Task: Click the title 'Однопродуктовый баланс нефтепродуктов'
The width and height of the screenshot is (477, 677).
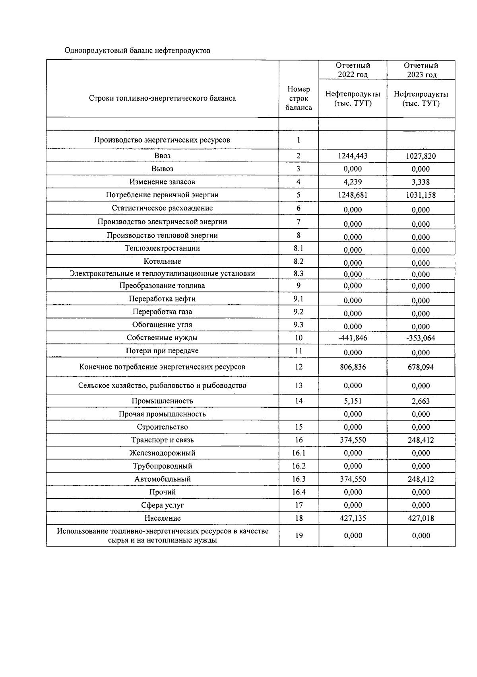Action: [137, 51]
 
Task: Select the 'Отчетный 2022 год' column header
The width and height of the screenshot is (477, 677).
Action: [353, 70]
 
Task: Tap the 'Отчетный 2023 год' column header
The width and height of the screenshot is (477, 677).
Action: [421, 70]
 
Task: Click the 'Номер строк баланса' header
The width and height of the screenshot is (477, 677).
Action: [299, 98]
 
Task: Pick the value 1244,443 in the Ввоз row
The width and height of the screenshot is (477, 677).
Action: [353, 156]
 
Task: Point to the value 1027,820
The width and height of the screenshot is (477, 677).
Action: [421, 156]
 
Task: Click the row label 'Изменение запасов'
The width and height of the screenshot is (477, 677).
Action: [162, 182]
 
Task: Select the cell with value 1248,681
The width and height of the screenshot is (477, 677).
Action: [353, 195]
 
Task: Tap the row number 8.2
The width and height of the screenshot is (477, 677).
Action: [299, 261]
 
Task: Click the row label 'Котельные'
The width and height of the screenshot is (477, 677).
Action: [162, 261]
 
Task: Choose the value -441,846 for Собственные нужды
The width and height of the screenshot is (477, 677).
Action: [353, 338]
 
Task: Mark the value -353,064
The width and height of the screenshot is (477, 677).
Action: [421, 338]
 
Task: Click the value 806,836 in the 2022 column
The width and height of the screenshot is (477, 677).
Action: [353, 367]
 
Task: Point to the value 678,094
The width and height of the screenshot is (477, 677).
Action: [421, 367]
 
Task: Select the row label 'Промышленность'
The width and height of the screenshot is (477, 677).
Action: [162, 401]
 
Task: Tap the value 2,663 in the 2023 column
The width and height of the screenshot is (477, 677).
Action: [421, 401]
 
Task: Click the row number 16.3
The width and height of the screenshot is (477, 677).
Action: [299, 479]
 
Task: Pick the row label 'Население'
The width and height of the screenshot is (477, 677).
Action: [162, 518]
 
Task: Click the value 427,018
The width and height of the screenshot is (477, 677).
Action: [421, 518]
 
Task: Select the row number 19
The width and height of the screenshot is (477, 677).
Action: [299, 535]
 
